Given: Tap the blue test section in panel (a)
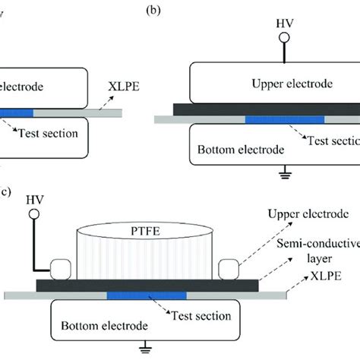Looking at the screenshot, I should pos(16,112).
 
